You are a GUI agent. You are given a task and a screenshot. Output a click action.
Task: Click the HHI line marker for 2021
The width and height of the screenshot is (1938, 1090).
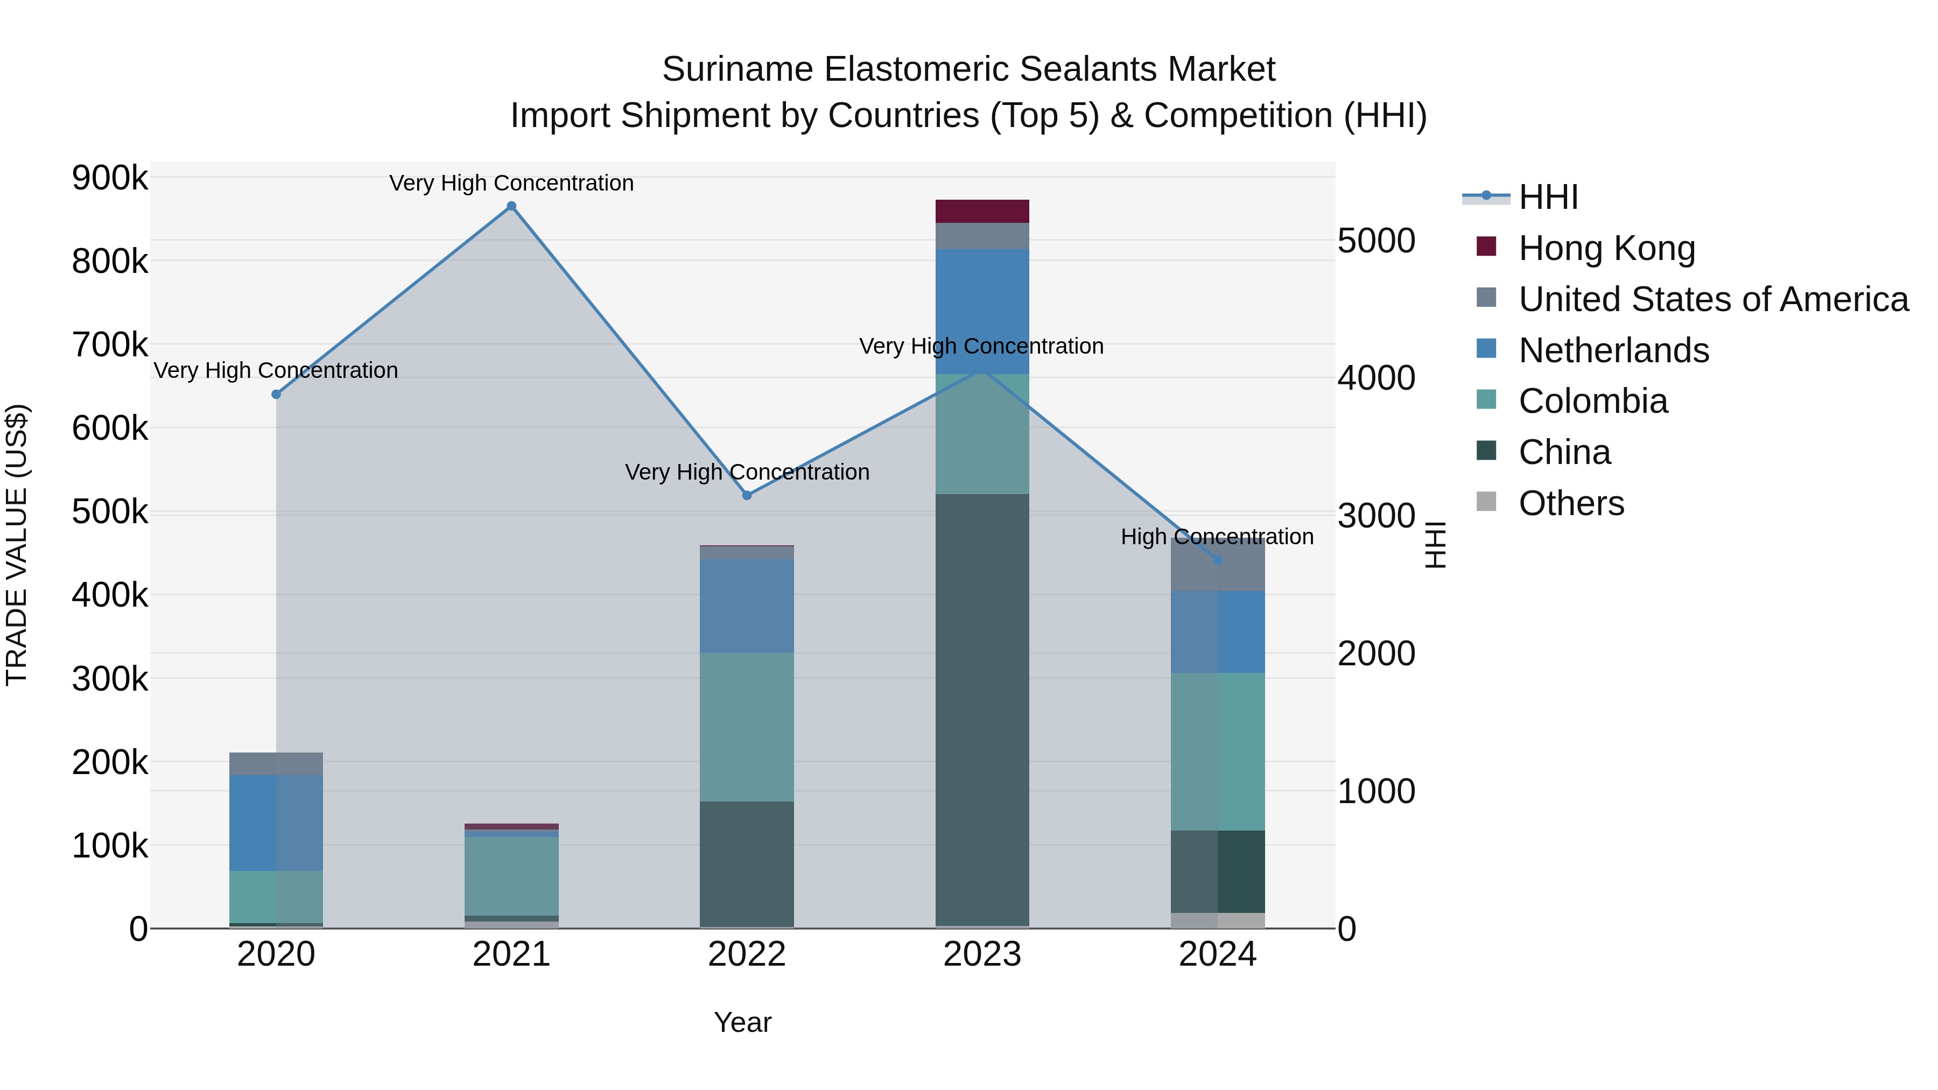[511, 206]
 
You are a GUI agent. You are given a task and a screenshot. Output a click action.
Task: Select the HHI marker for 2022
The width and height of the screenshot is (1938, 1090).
[747, 496]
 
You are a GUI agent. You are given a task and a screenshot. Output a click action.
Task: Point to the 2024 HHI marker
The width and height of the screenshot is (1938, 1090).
[1218, 560]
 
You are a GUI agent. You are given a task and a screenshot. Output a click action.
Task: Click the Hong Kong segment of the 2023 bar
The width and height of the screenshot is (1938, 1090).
[982, 212]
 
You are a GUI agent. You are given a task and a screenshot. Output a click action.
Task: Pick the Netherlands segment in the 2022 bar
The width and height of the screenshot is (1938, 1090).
[747, 606]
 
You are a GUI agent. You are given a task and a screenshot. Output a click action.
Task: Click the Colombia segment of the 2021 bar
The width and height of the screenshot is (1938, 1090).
[511, 876]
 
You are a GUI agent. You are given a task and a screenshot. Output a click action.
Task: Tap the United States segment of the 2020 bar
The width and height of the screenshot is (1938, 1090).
[276, 763]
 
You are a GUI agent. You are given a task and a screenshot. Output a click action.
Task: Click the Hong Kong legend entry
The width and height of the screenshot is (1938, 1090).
[1606, 248]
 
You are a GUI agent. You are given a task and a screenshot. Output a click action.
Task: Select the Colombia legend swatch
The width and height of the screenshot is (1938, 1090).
[1486, 400]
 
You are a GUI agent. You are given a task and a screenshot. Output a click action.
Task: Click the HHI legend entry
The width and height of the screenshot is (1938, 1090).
[1548, 197]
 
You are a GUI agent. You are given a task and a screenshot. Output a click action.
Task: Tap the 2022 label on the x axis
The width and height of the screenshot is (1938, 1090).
[747, 954]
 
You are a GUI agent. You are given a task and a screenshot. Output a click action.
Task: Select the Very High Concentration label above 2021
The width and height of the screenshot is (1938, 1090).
[511, 183]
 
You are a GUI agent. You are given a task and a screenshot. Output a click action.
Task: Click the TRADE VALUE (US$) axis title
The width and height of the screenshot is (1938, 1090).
[17, 545]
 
